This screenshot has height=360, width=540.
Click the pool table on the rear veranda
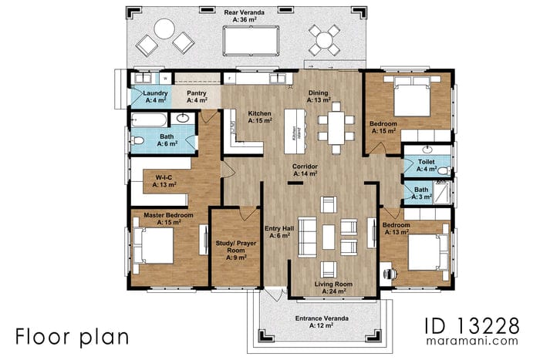coord(251,36)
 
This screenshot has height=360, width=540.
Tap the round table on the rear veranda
coord(164,29)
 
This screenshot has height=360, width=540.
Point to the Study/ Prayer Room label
coord(231,248)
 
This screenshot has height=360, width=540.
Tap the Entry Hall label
coord(278,231)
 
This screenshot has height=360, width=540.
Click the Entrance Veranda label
coord(322,321)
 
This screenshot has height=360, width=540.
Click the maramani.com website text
coord(481,340)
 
